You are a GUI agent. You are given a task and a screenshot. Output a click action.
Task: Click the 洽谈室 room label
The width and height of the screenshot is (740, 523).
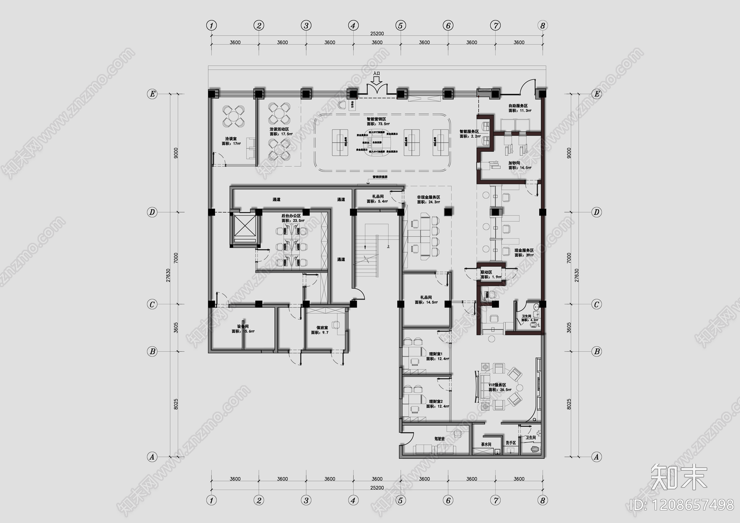(x=231, y=138)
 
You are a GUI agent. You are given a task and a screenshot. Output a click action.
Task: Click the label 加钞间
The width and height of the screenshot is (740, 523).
(x=514, y=163)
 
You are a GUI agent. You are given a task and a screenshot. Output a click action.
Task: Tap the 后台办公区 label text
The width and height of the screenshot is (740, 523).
(x=291, y=216)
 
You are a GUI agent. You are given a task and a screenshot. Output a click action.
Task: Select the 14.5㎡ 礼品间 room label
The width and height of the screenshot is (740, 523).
(x=425, y=297)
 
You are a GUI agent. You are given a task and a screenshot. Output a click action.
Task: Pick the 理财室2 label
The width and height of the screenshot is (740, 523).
(x=436, y=401)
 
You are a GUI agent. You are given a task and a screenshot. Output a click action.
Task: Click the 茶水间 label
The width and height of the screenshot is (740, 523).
(x=486, y=444)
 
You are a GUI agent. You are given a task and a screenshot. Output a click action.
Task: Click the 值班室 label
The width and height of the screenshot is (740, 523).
(x=322, y=327)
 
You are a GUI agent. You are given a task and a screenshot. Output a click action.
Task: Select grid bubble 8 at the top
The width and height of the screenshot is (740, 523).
(x=543, y=26)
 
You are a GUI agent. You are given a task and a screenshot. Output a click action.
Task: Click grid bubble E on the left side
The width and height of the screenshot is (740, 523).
(x=152, y=94)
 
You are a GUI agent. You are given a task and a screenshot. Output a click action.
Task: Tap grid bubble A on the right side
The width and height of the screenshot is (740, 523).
(x=597, y=457)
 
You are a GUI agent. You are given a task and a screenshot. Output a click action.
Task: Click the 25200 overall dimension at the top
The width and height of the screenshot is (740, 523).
(x=377, y=34)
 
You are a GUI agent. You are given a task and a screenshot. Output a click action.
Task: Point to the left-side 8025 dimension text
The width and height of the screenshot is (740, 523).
(x=176, y=404)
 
